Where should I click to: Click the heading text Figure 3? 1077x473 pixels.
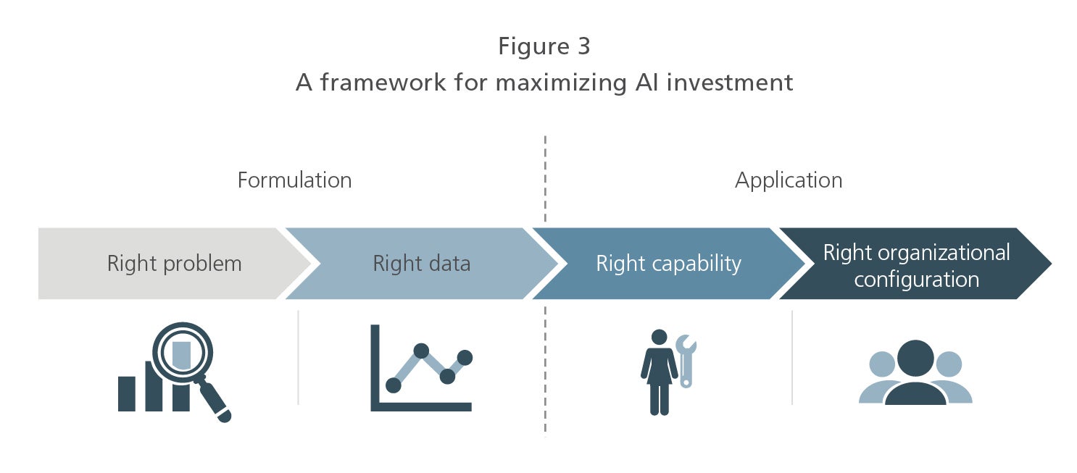[x=544, y=47]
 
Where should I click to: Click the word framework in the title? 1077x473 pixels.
[x=383, y=82]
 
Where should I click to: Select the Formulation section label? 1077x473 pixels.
[x=295, y=180]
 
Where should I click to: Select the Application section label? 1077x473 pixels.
[x=789, y=181]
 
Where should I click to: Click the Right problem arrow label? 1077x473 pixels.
[x=174, y=264]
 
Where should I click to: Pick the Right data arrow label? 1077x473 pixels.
[x=422, y=264]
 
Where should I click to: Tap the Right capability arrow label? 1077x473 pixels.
[x=668, y=264]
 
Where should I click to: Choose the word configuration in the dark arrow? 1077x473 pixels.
[x=916, y=280]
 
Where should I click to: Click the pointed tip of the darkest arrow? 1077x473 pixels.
[x=1051, y=264]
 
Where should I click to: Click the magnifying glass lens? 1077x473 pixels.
[x=182, y=352]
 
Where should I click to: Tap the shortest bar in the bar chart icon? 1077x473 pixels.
[x=126, y=394]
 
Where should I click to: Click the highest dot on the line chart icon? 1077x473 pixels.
[x=421, y=351]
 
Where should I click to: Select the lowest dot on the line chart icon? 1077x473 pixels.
[x=394, y=385]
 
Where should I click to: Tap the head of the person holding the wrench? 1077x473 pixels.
[x=659, y=337]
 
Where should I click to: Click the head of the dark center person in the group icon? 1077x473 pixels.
[x=915, y=358]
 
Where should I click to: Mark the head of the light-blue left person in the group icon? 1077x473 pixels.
[x=882, y=364]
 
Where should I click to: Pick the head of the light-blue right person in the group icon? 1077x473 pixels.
[x=949, y=364]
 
